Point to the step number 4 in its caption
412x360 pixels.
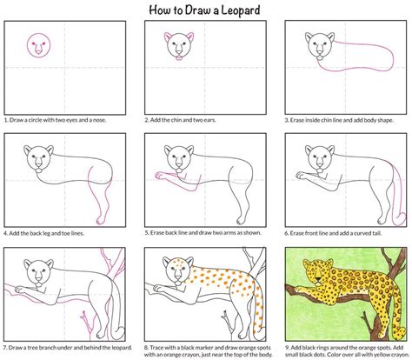tap(6, 233)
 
